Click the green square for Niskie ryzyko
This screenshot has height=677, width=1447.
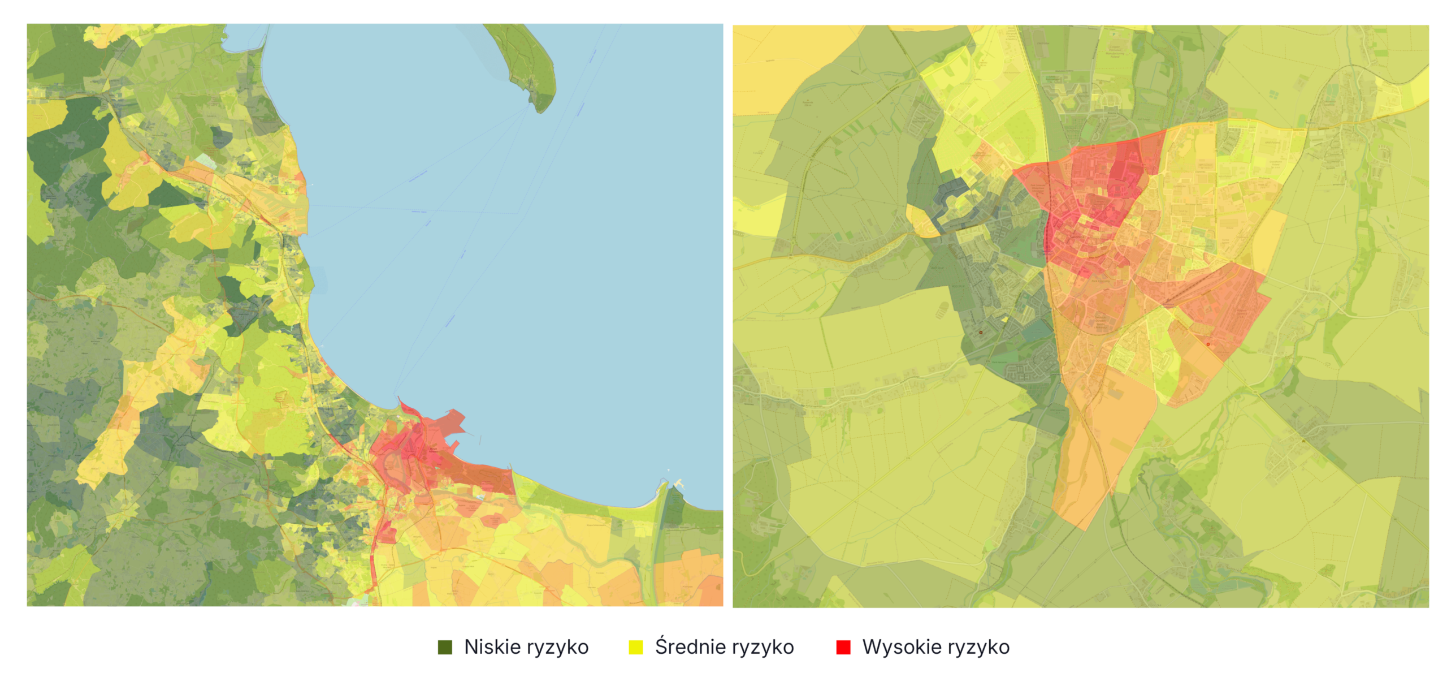tap(445, 647)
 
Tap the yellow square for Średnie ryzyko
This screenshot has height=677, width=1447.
tap(635, 647)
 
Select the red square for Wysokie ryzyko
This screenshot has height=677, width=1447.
tap(843, 647)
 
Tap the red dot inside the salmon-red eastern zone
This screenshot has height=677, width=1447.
tap(1208, 344)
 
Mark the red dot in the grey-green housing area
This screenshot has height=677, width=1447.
tap(981, 332)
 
